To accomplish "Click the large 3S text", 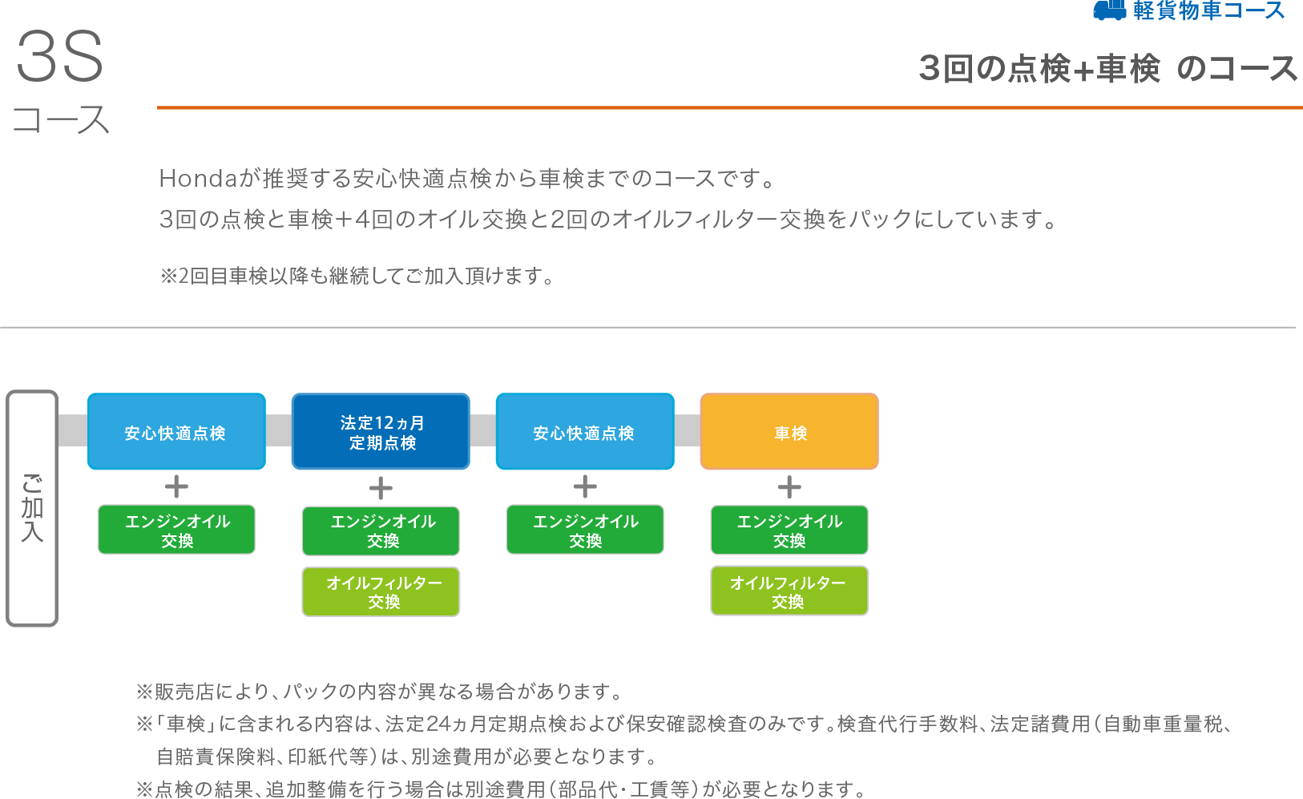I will pos(60,57).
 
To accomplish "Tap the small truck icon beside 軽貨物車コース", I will pos(1109,10).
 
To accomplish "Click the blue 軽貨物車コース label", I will pos(1208,10).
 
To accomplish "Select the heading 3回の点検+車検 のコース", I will pos(1107,69).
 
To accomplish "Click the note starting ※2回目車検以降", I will pos(357,276).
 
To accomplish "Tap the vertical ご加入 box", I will pos(32,508).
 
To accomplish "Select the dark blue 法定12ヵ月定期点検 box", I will pos(381,431).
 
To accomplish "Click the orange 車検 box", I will pos(789,431).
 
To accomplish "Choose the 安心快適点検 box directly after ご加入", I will pos(176,431).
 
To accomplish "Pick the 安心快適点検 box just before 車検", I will pos(585,431).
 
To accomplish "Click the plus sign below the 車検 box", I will pos(789,487).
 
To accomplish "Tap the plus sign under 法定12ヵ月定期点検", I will pos(381,488).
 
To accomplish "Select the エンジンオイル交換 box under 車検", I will pos(789,530).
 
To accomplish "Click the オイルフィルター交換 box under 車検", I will pos(789,591).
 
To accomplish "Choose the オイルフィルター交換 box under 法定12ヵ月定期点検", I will pos(381,591).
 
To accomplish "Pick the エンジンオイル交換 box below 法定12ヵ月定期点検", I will pos(381,531).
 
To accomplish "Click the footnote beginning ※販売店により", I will pos(380,691).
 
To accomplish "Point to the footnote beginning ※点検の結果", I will pos(502,789).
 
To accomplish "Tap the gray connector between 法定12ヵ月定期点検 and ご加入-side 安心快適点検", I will pos(279,430).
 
